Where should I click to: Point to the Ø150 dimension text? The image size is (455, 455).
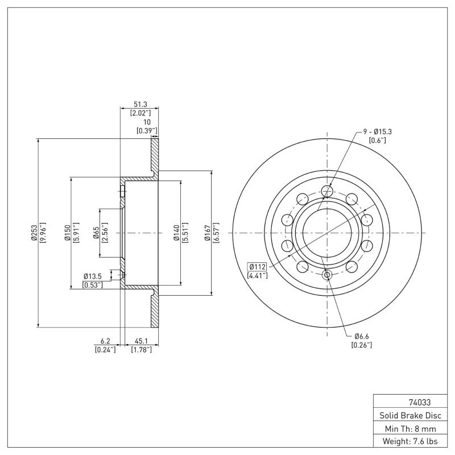[68, 232]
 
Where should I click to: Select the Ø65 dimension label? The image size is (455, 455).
[97, 232]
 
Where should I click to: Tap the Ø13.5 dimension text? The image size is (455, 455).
[93, 276]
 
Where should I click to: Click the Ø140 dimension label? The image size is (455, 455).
[177, 232]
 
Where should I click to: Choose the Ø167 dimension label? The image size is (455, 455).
[208, 232]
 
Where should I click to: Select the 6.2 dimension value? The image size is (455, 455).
[105, 341]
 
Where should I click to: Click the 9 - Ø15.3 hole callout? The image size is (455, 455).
[378, 131]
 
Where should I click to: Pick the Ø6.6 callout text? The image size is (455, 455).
[362, 336]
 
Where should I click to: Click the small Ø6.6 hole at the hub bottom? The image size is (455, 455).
[327, 275]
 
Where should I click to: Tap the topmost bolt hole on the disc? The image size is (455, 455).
[326, 191]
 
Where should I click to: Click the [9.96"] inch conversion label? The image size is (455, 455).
[43, 232]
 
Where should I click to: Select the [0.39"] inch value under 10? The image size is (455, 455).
[147, 131]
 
